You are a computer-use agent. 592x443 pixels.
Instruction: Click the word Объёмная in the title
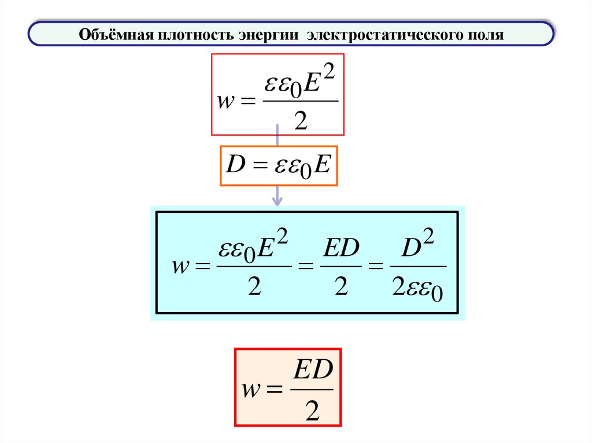pos(114,35)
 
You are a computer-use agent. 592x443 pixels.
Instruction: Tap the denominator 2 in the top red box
pos(300,121)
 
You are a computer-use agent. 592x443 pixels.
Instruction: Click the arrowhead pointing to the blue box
pos(277,200)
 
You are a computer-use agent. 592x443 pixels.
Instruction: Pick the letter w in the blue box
pos(181,267)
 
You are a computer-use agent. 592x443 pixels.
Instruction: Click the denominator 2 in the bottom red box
pos(312,411)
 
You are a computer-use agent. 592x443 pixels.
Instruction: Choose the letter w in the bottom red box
pos(250,390)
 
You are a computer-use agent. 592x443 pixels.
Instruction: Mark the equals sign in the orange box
pos(257,166)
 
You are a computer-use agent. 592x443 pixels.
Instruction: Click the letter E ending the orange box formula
pos(323,165)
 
